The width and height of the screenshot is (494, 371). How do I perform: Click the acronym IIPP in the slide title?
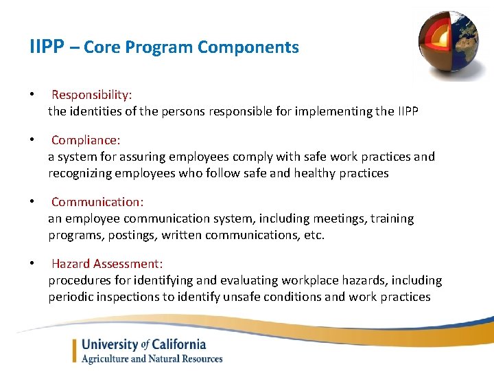pos(47,47)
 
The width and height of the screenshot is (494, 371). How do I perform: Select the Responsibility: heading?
pos(92,94)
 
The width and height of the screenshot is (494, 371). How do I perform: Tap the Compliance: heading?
pos(86,140)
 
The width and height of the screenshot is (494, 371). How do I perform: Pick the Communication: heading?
pos(97,202)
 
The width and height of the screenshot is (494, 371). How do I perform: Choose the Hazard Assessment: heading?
pos(106,264)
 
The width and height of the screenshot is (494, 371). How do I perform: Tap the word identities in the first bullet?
pos(93,111)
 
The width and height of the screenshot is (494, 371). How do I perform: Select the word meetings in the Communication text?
pos(337,218)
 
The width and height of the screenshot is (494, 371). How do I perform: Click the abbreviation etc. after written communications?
pos(314,235)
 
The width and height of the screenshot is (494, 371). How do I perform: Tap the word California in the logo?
pos(174,344)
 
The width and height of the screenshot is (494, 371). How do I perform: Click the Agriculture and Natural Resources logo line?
pos(152,359)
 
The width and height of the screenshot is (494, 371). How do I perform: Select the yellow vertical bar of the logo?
pos(74,350)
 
